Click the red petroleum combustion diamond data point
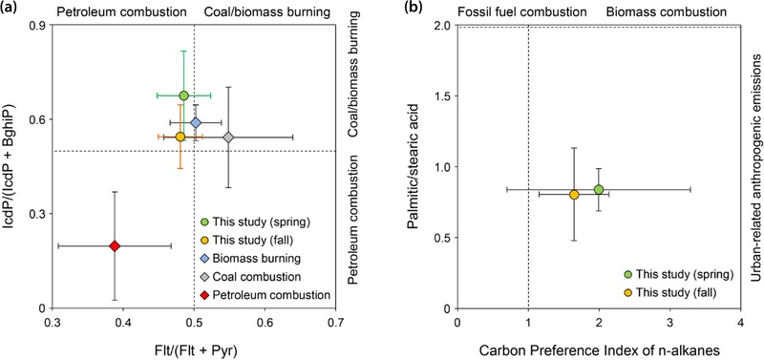(115, 245)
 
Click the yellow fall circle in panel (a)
(180, 138)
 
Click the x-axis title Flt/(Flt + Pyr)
(194, 347)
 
